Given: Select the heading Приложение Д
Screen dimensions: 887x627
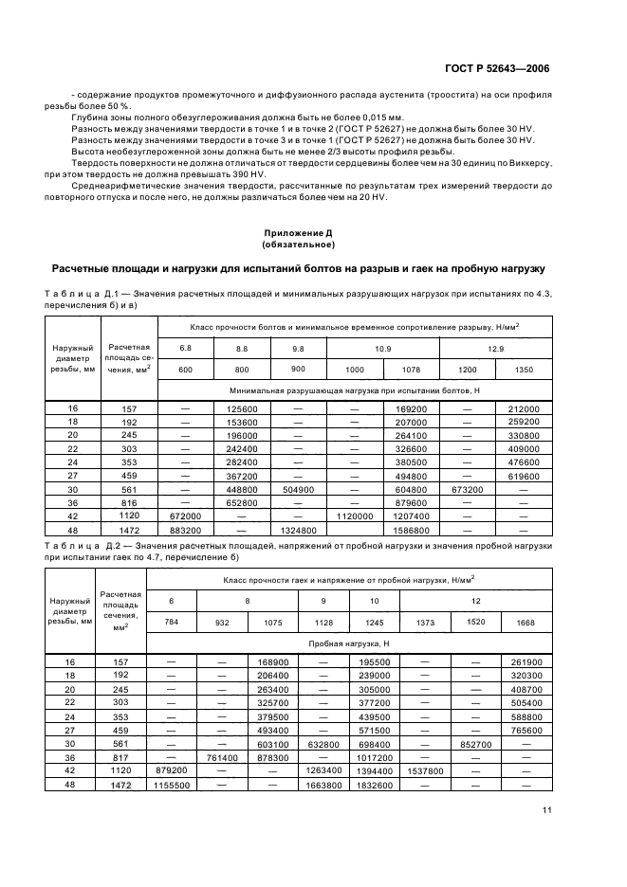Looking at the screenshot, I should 313,231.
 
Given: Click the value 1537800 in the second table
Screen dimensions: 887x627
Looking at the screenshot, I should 424,772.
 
